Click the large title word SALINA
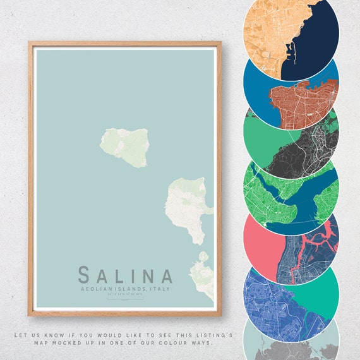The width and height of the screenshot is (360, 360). click(125, 275)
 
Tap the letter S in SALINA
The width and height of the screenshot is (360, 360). click(84, 275)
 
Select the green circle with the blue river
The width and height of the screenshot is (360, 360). click(292, 189)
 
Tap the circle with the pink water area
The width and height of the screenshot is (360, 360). click(292, 240)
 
